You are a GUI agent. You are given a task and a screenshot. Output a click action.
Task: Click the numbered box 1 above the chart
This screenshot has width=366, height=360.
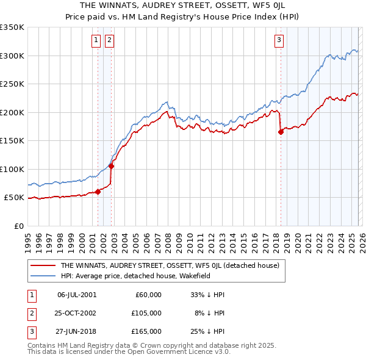click(x=96, y=41)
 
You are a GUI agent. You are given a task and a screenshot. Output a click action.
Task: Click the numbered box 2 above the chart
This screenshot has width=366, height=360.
click(x=109, y=41)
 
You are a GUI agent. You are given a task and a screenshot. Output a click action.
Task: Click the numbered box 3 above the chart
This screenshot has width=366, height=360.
click(x=279, y=41)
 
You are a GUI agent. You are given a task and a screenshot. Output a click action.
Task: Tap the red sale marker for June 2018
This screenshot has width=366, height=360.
click(x=281, y=132)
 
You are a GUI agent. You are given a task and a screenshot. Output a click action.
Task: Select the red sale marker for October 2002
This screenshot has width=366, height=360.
click(x=111, y=166)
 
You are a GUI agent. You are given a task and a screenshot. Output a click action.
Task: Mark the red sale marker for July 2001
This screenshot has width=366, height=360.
click(x=98, y=192)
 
